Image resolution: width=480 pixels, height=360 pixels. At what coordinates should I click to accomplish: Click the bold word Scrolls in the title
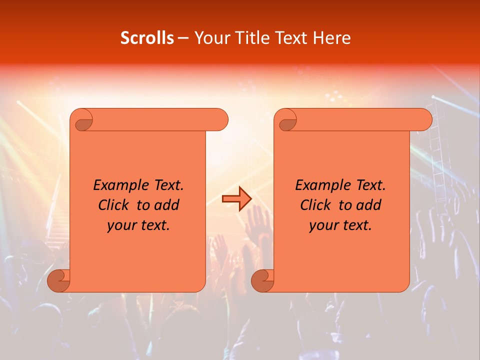point(147,38)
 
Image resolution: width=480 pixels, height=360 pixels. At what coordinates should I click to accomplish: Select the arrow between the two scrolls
point(236,198)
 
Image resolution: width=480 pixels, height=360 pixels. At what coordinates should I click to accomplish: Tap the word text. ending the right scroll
point(355,225)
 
